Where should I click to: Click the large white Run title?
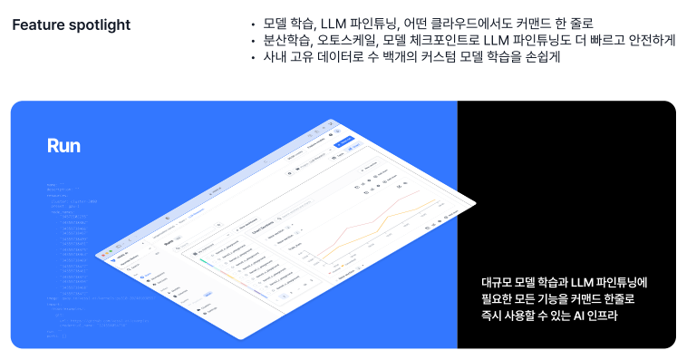[x=64, y=146]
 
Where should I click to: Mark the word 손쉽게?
[x=542, y=58]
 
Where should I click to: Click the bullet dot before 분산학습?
[x=255, y=41]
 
